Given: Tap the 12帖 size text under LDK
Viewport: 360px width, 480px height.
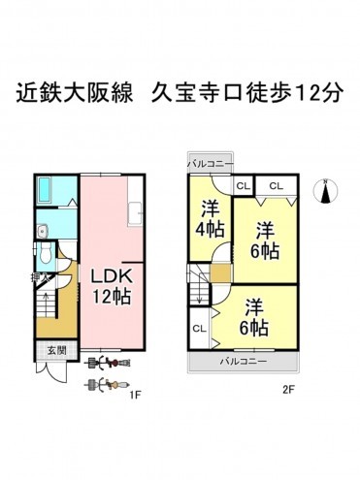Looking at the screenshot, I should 110,295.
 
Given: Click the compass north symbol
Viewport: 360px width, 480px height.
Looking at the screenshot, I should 326,191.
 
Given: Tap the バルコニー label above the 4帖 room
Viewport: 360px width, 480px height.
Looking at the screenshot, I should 210,163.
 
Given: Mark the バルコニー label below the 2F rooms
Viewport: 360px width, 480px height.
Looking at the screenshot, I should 244,361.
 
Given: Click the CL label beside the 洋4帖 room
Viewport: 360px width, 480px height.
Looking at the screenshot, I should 243,185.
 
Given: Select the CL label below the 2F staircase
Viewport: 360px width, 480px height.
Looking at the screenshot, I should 199,329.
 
